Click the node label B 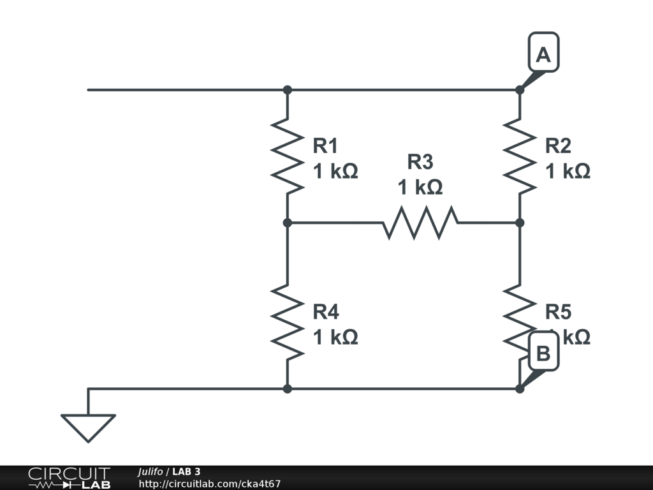click(543, 353)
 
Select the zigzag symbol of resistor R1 click(288, 156)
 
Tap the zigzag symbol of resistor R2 click(520, 156)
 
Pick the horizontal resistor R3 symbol click(420, 223)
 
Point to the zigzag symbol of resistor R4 click(288, 322)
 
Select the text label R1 click(325, 146)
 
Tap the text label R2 click(558, 146)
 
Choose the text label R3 click(420, 162)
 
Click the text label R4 click(325, 312)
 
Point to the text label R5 click(558, 312)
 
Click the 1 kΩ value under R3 click(420, 188)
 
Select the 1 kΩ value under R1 click(335, 172)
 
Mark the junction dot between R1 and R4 click(288, 223)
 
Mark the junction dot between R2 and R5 click(520, 223)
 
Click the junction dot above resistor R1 click(288, 90)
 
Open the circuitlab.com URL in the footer click(210, 484)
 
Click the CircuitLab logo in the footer click(69, 478)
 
